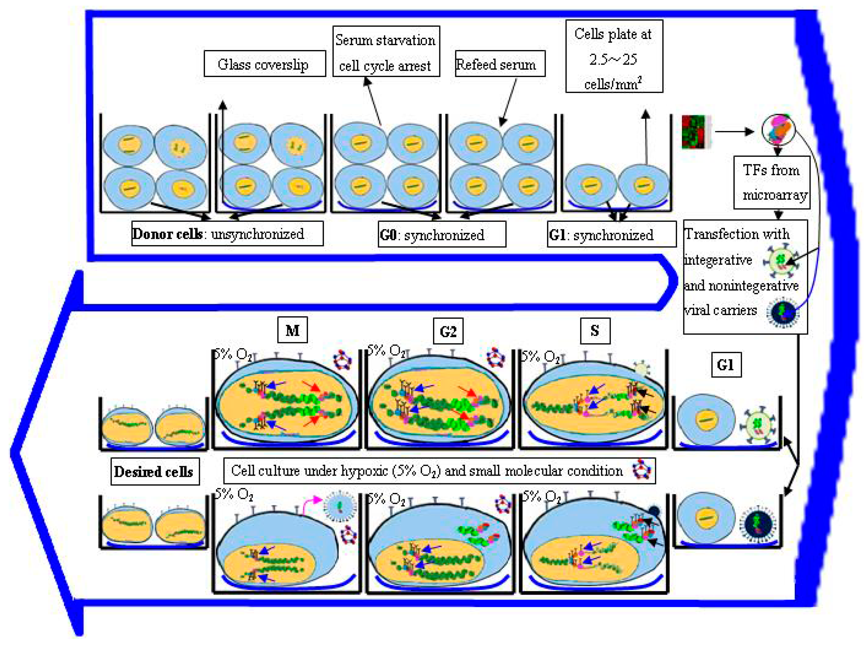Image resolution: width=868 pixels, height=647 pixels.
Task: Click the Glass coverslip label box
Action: (265, 63)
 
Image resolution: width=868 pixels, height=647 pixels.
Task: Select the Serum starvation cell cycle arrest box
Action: (386, 51)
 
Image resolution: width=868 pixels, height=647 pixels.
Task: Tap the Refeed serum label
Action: (500, 63)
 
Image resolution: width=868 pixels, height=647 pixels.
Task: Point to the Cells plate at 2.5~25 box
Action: (614, 56)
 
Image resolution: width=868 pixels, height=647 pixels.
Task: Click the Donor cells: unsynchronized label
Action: (227, 234)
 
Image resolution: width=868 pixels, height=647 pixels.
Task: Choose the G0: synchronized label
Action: (441, 234)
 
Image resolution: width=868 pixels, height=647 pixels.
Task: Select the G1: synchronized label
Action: (611, 234)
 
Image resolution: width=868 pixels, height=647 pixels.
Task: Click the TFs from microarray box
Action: (771, 182)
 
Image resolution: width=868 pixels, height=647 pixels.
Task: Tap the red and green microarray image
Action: (693, 132)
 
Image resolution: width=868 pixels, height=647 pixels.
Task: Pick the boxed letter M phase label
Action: (292, 330)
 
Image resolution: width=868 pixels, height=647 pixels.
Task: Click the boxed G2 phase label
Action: (448, 331)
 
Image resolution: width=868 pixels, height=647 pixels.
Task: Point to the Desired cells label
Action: (155, 472)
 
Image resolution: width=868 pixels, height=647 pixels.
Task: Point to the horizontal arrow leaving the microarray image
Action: (734, 132)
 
